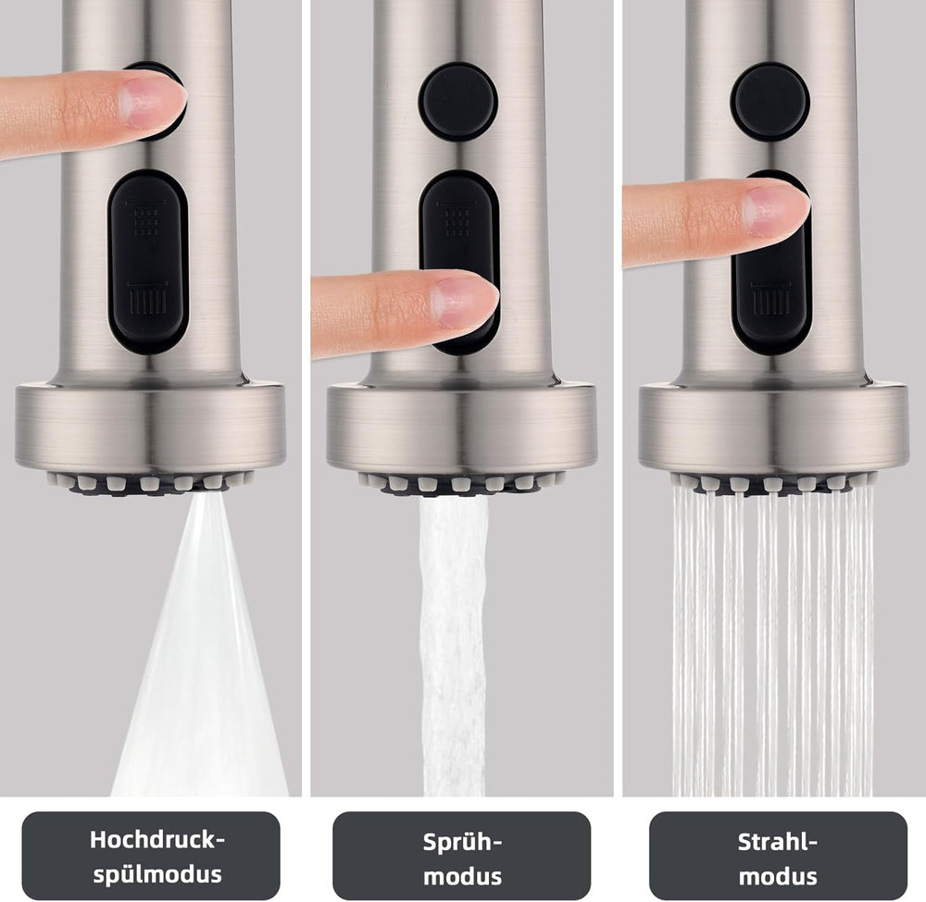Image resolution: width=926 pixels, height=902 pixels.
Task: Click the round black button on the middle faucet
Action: coord(457,102)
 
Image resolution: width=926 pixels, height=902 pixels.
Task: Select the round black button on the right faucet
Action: coord(770,102)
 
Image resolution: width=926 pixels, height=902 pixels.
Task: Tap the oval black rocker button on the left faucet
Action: coord(148,262)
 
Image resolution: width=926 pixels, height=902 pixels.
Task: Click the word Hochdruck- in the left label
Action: coord(157,839)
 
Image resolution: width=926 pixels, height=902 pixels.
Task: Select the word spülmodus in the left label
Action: coord(157,874)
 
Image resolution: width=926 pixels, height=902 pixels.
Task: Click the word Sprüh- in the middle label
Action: coord(462,842)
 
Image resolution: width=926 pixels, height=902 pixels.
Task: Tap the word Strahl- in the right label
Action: coord(778,841)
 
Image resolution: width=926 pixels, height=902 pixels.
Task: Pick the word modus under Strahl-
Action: coord(778,876)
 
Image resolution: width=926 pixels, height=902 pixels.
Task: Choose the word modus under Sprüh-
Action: coord(462,876)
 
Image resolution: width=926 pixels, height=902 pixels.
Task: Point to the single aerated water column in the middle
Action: coord(454,646)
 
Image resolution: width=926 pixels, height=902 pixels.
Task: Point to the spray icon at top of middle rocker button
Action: coord(456,218)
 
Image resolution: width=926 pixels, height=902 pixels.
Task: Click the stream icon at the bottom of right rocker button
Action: coord(770,299)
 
